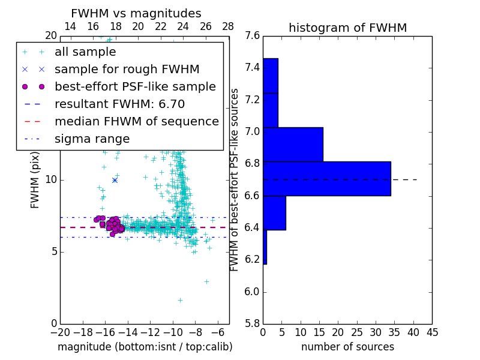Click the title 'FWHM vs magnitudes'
point(136,13)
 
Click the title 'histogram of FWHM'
point(347,28)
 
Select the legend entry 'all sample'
point(85,52)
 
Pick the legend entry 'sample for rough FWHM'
point(127,69)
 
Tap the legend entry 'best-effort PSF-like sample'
point(135,86)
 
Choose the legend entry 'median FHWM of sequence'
point(136,121)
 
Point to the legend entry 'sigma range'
point(92,139)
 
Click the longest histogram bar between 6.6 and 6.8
point(327,179)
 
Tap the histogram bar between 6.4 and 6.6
point(274,212)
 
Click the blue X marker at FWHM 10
point(115,180)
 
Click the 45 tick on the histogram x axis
point(431,332)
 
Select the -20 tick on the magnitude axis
point(60,332)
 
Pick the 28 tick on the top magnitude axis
point(229,26)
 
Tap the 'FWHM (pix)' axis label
point(35,179)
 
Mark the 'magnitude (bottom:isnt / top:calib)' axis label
point(145,347)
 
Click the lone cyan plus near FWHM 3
point(206,281)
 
